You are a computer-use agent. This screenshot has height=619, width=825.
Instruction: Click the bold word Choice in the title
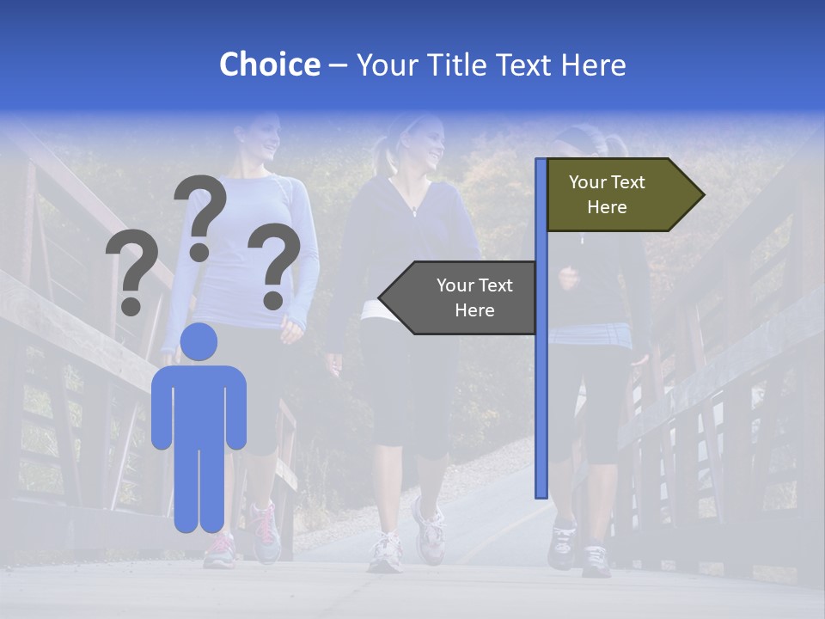pyautogui.click(x=269, y=64)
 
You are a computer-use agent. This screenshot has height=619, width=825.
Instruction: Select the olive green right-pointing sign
pyautogui.click(x=619, y=194)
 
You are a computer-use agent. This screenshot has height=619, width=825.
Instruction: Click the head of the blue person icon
pyautogui.click(x=199, y=342)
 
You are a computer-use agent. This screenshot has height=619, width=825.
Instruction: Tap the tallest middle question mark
pyautogui.click(x=200, y=215)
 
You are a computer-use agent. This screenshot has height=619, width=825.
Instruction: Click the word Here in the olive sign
pyautogui.click(x=607, y=207)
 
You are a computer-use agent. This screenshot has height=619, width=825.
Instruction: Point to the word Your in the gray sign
pyautogui.click(x=455, y=285)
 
